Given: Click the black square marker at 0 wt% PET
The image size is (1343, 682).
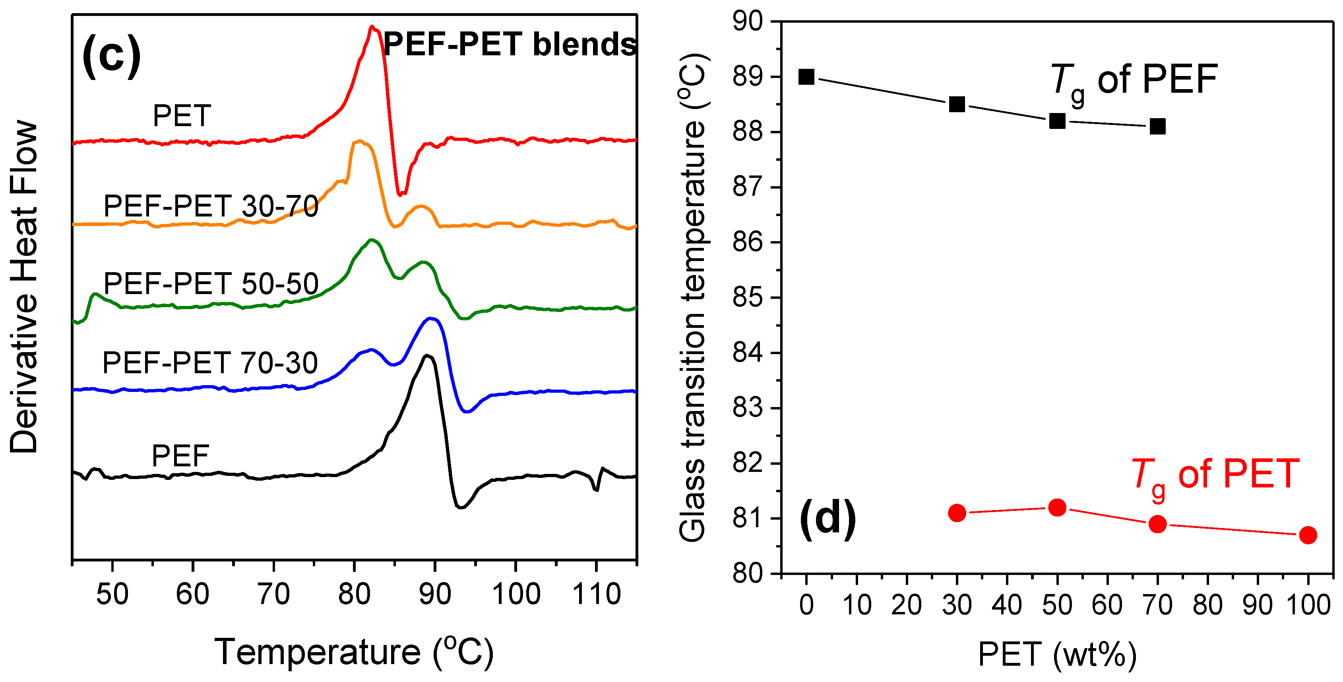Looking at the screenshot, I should pos(806,77).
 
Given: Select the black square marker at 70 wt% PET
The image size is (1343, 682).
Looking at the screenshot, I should pos(1157,126).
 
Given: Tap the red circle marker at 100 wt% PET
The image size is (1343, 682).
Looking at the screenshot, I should pos(1308,535).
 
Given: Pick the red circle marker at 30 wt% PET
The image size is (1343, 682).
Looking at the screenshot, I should pos(957,513).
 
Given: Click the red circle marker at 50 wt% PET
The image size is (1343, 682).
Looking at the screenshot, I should pos(1057,507).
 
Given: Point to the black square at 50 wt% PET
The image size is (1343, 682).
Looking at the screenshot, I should pos(1057,121).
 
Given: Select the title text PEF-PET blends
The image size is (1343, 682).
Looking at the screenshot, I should pos(510,44).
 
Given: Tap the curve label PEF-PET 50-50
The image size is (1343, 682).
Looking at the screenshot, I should pos(211,284).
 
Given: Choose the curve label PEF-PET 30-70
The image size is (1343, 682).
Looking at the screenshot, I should pos(211,206).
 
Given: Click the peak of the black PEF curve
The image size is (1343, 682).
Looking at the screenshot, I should pos(427,355).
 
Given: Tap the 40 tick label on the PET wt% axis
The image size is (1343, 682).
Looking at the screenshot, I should pos(1006,605).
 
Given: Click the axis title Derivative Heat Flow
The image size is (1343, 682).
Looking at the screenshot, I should pos(23,287).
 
